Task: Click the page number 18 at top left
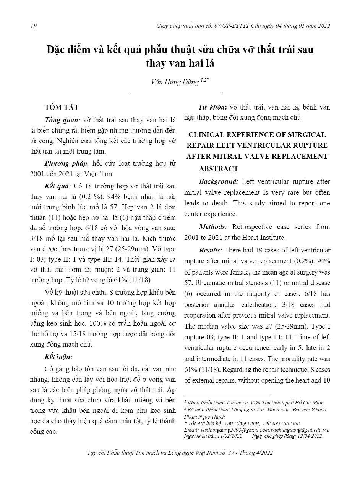click(33, 26)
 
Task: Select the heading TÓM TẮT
click(62, 107)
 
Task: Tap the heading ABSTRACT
click(219, 168)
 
